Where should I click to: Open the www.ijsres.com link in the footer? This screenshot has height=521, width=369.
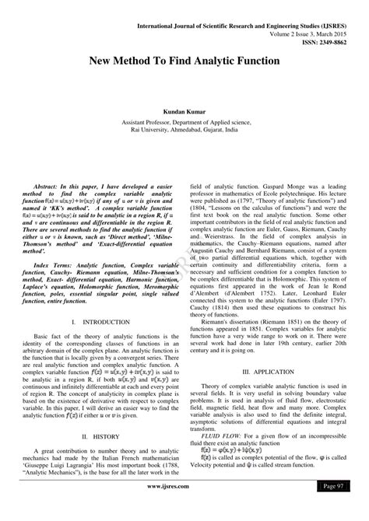(184, 508)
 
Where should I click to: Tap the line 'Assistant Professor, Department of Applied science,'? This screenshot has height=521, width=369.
(184, 122)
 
